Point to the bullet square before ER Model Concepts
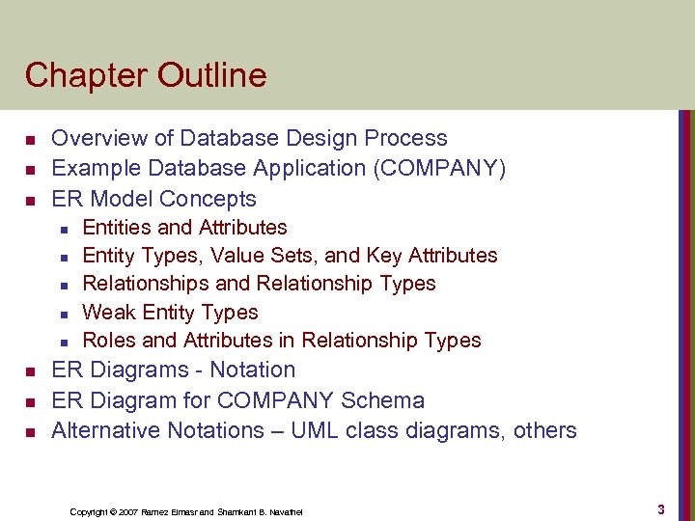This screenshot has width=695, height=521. (x=30, y=201)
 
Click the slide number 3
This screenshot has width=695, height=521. (x=660, y=508)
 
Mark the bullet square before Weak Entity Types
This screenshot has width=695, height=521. (x=62, y=314)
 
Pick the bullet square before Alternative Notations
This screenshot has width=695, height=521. (x=30, y=432)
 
